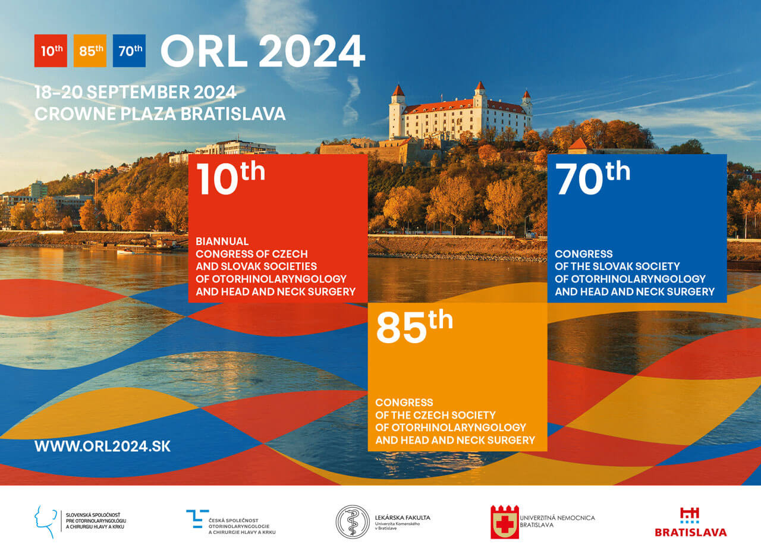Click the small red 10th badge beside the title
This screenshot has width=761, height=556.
[51, 51]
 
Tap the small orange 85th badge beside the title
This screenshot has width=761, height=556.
[90, 51]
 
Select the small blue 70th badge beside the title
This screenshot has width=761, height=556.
[129, 51]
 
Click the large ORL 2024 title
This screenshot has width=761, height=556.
[263, 51]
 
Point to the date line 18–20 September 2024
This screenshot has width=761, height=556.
[135, 92]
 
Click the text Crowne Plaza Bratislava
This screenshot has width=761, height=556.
[160, 114]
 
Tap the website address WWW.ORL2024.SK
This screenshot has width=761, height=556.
[102, 446]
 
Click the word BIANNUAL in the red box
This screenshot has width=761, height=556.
[222, 241]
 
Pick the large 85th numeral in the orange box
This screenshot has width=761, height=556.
[414, 326]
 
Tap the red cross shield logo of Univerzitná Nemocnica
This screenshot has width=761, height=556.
[505, 522]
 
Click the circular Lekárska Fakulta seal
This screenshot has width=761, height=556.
[353, 522]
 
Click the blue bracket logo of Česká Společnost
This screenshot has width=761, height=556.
[197, 519]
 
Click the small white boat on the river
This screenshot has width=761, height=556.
[125, 252]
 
